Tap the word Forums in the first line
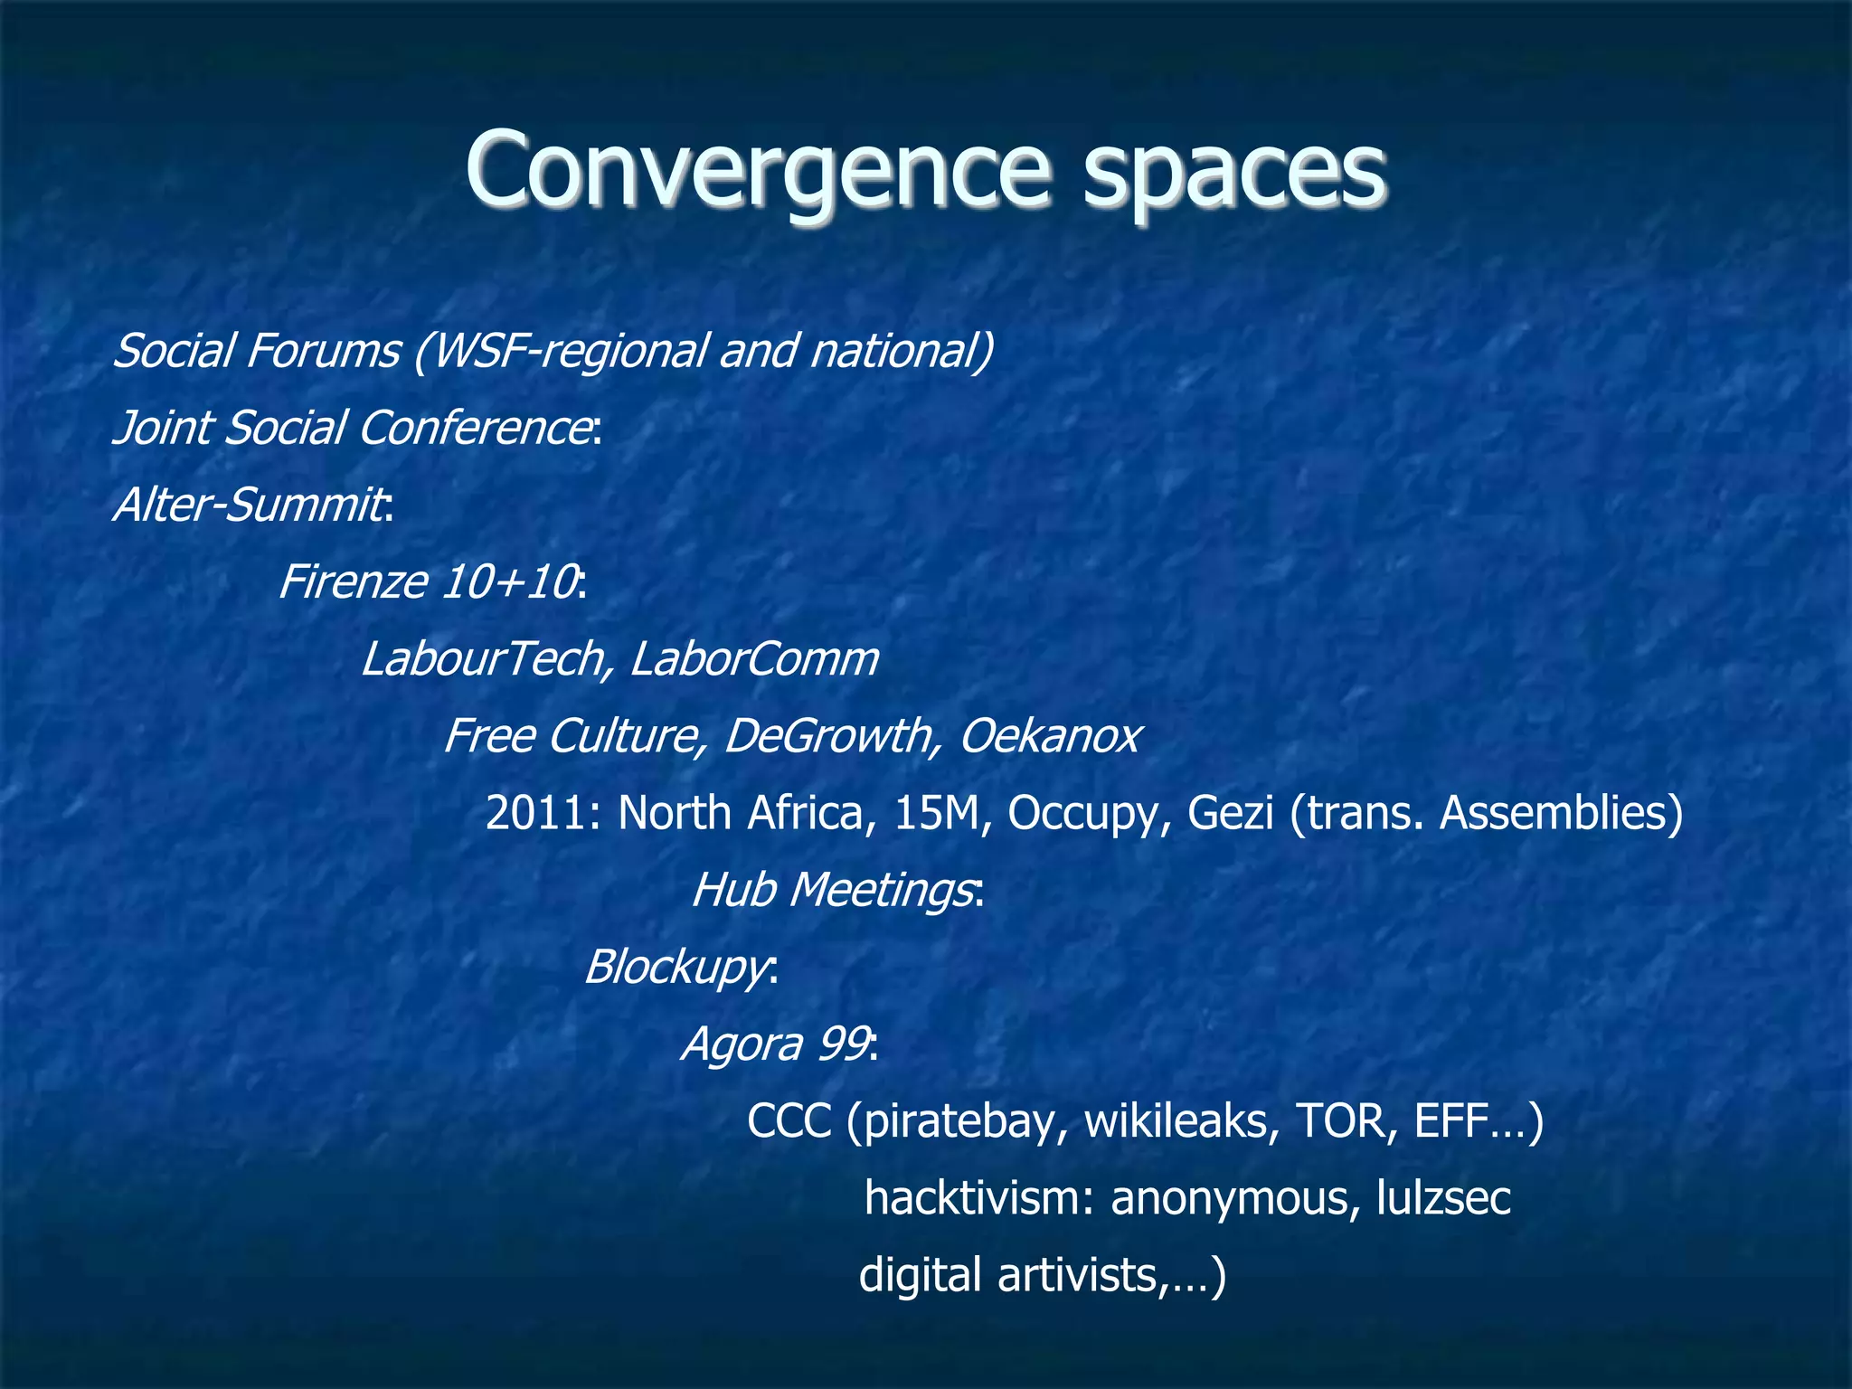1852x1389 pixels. click(322, 351)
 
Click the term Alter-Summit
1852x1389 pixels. click(249, 505)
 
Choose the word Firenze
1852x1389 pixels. click(353, 581)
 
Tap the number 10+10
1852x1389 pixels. click(509, 581)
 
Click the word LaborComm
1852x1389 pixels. click(754, 658)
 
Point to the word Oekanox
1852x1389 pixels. click(1050, 735)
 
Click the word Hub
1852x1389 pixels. click(733, 890)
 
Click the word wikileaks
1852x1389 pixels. click(1181, 1121)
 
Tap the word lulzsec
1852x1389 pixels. click(1443, 1198)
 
